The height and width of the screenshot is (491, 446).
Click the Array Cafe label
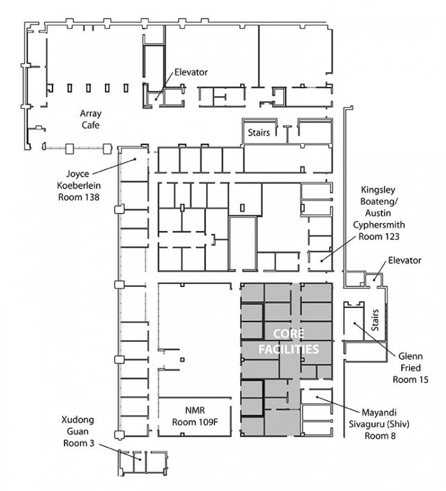pos(91,120)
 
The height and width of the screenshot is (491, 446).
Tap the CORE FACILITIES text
pos(289,341)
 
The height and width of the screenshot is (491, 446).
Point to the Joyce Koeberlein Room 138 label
pos(79,185)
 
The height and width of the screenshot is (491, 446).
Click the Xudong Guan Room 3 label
pos(78,432)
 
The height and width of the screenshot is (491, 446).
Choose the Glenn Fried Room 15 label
pos(410,368)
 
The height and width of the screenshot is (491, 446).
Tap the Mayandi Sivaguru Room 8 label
pos(379,424)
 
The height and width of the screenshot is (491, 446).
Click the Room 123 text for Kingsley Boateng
pos(379,237)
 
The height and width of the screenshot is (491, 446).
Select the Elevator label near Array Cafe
pos(191,72)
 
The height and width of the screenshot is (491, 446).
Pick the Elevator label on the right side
pos(404,260)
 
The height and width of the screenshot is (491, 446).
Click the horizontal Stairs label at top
pos(259,133)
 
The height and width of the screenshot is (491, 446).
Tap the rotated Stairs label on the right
pos(375,320)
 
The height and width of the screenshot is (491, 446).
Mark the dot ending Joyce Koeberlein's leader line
pos(135,159)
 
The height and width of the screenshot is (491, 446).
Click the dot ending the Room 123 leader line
pos(321,261)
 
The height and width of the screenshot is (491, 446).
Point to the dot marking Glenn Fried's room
pos(354,323)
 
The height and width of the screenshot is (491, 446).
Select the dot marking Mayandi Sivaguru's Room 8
pos(317,397)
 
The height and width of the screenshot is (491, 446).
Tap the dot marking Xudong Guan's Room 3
pos(140,460)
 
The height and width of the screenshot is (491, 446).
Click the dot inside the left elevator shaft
pos(155,100)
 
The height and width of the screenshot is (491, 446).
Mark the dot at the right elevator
pos(374,280)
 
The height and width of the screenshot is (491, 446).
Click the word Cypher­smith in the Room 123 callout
pos(379,225)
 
